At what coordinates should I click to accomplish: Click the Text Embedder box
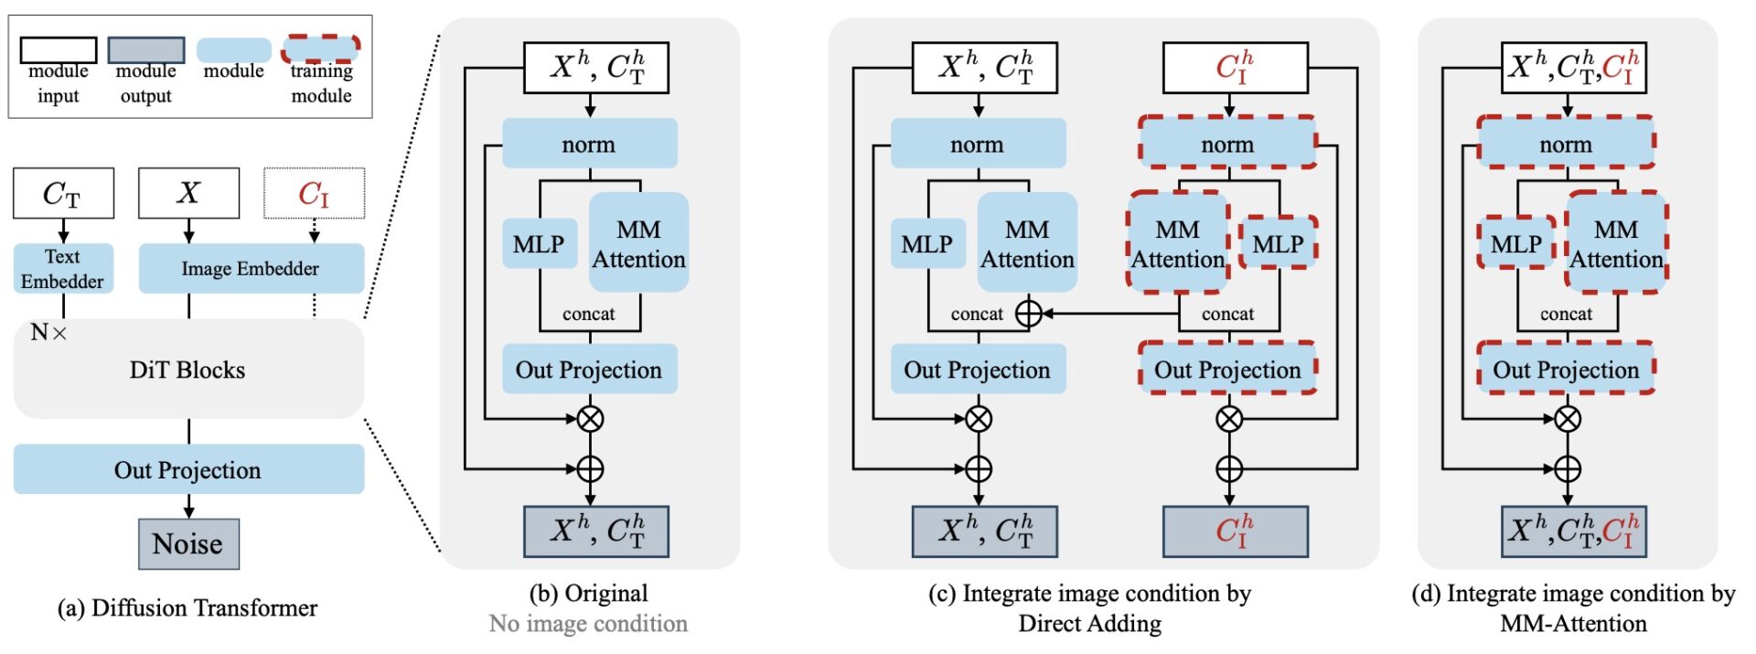(x=62, y=268)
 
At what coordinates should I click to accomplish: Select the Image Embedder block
(x=251, y=268)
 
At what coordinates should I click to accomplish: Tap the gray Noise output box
(x=188, y=543)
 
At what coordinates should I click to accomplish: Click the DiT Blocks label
(x=187, y=370)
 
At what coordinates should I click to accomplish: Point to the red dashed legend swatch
(x=320, y=48)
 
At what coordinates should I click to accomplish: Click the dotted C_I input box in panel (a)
(x=314, y=193)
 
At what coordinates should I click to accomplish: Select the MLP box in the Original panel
(x=539, y=243)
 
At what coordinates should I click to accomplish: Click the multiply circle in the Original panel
(x=590, y=419)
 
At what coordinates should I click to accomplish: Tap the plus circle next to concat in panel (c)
(x=1029, y=314)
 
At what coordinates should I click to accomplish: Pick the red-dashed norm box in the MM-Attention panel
(x=1566, y=143)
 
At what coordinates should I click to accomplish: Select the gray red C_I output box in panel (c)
(x=1235, y=531)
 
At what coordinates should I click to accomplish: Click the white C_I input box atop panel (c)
(x=1235, y=67)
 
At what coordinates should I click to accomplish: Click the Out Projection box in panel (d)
(x=1566, y=369)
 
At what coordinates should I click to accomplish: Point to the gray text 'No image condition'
(x=588, y=624)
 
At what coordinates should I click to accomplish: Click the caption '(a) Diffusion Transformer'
(x=187, y=608)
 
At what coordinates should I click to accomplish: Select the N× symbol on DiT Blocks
(x=48, y=332)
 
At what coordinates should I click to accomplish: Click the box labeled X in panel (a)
(x=188, y=193)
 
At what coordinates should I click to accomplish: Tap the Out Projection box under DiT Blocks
(x=188, y=469)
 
